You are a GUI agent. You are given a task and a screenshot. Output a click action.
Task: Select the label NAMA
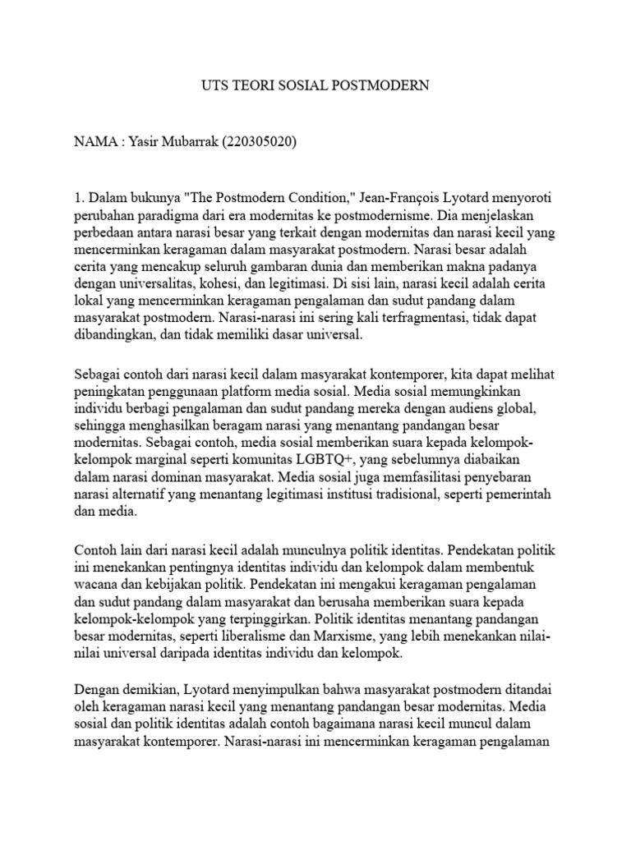(x=95, y=141)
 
